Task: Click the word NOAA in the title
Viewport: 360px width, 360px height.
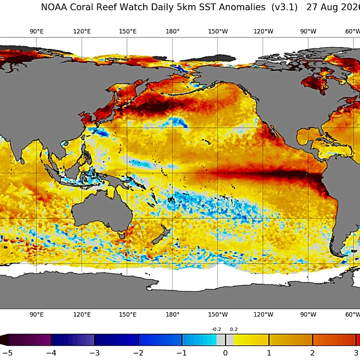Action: pyautogui.click(x=54, y=7)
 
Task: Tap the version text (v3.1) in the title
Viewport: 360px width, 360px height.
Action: pyautogui.click(x=284, y=7)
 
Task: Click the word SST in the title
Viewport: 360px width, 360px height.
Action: pyautogui.click(x=208, y=7)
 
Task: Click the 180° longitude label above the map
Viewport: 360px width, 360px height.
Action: pyautogui.click(x=173, y=31)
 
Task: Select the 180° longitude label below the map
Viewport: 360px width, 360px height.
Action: pyautogui.click(x=173, y=314)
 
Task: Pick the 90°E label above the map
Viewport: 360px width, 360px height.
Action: pyautogui.click(x=36, y=31)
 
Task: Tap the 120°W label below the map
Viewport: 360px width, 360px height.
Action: pyautogui.click(x=264, y=314)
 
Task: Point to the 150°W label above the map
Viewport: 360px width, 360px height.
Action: pyautogui.click(x=218, y=31)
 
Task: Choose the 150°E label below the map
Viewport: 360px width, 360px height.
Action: pyautogui.click(x=128, y=314)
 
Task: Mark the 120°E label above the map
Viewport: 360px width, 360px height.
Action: pyautogui.click(x=82, y=31)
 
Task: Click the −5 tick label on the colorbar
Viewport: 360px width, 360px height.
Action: pyautogui.click(x=7, y=353)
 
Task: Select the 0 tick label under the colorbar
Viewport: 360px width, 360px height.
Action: pyautogui.click(x=225, y=353)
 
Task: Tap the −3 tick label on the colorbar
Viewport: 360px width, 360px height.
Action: pyautogui.click(x=94, y=353)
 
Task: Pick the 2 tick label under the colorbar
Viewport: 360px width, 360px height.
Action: pyautogui.click(x=312, y=353)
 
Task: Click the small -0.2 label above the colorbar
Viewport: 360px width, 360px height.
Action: pyautogui.click(x=216, y=329)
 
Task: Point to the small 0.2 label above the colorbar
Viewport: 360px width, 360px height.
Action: pyautogui.click(x=234, y=329)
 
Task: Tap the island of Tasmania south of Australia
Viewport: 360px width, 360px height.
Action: pyautogui.click(x=122, y=235)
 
